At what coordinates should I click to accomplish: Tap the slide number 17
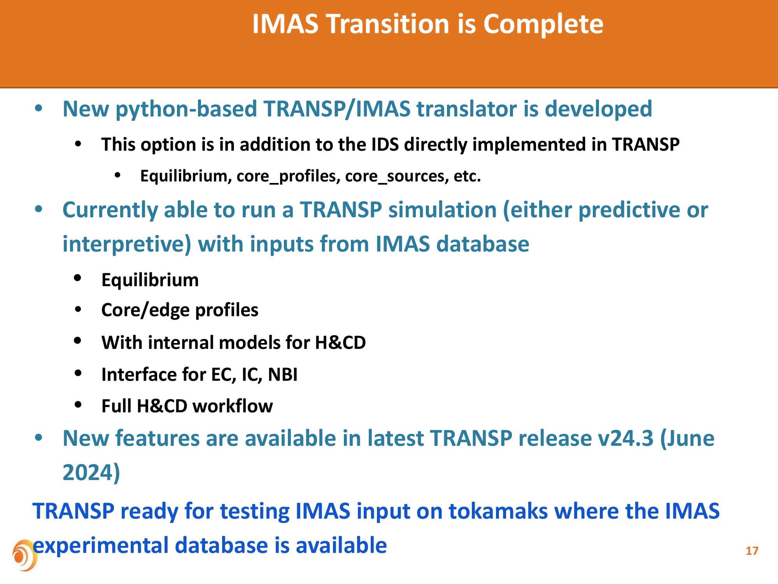[752, 551]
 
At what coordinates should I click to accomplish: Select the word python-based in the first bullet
[186, 109]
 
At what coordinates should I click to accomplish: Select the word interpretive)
[127, 245]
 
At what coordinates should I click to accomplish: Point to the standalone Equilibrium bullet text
[150, 280]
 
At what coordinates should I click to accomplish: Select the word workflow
[233, 406]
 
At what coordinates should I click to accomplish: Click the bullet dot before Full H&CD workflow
[78, 405]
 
